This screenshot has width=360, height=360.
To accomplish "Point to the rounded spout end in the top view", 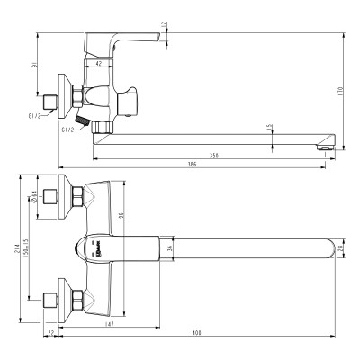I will (326, 247).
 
